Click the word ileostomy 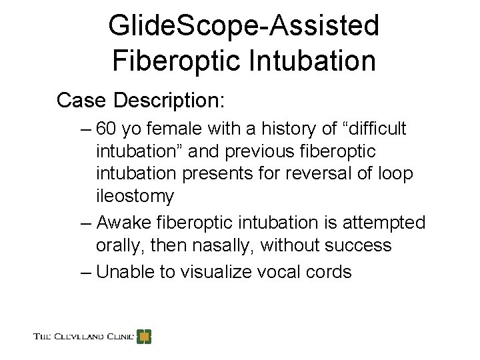click(135, 196)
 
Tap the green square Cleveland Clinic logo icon click(144, 336)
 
